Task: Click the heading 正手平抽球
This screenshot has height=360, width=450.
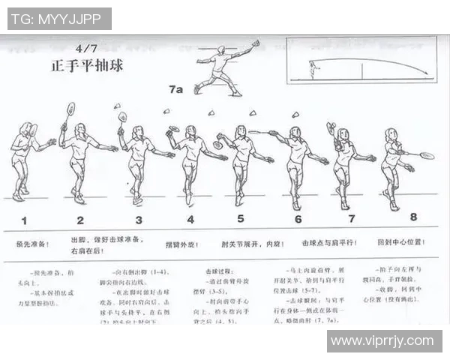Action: click(84, 66)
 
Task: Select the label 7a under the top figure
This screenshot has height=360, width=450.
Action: click(175, 89)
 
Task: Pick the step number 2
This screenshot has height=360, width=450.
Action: click(80, 220)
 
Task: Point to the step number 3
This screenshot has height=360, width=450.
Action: click(138, 220)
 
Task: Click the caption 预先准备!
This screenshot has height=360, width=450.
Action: click(33, 244)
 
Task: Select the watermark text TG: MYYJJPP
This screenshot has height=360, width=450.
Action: click(59, 19)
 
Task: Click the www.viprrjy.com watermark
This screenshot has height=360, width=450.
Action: click(384, 341)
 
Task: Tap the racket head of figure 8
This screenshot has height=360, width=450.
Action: click(427, 156)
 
